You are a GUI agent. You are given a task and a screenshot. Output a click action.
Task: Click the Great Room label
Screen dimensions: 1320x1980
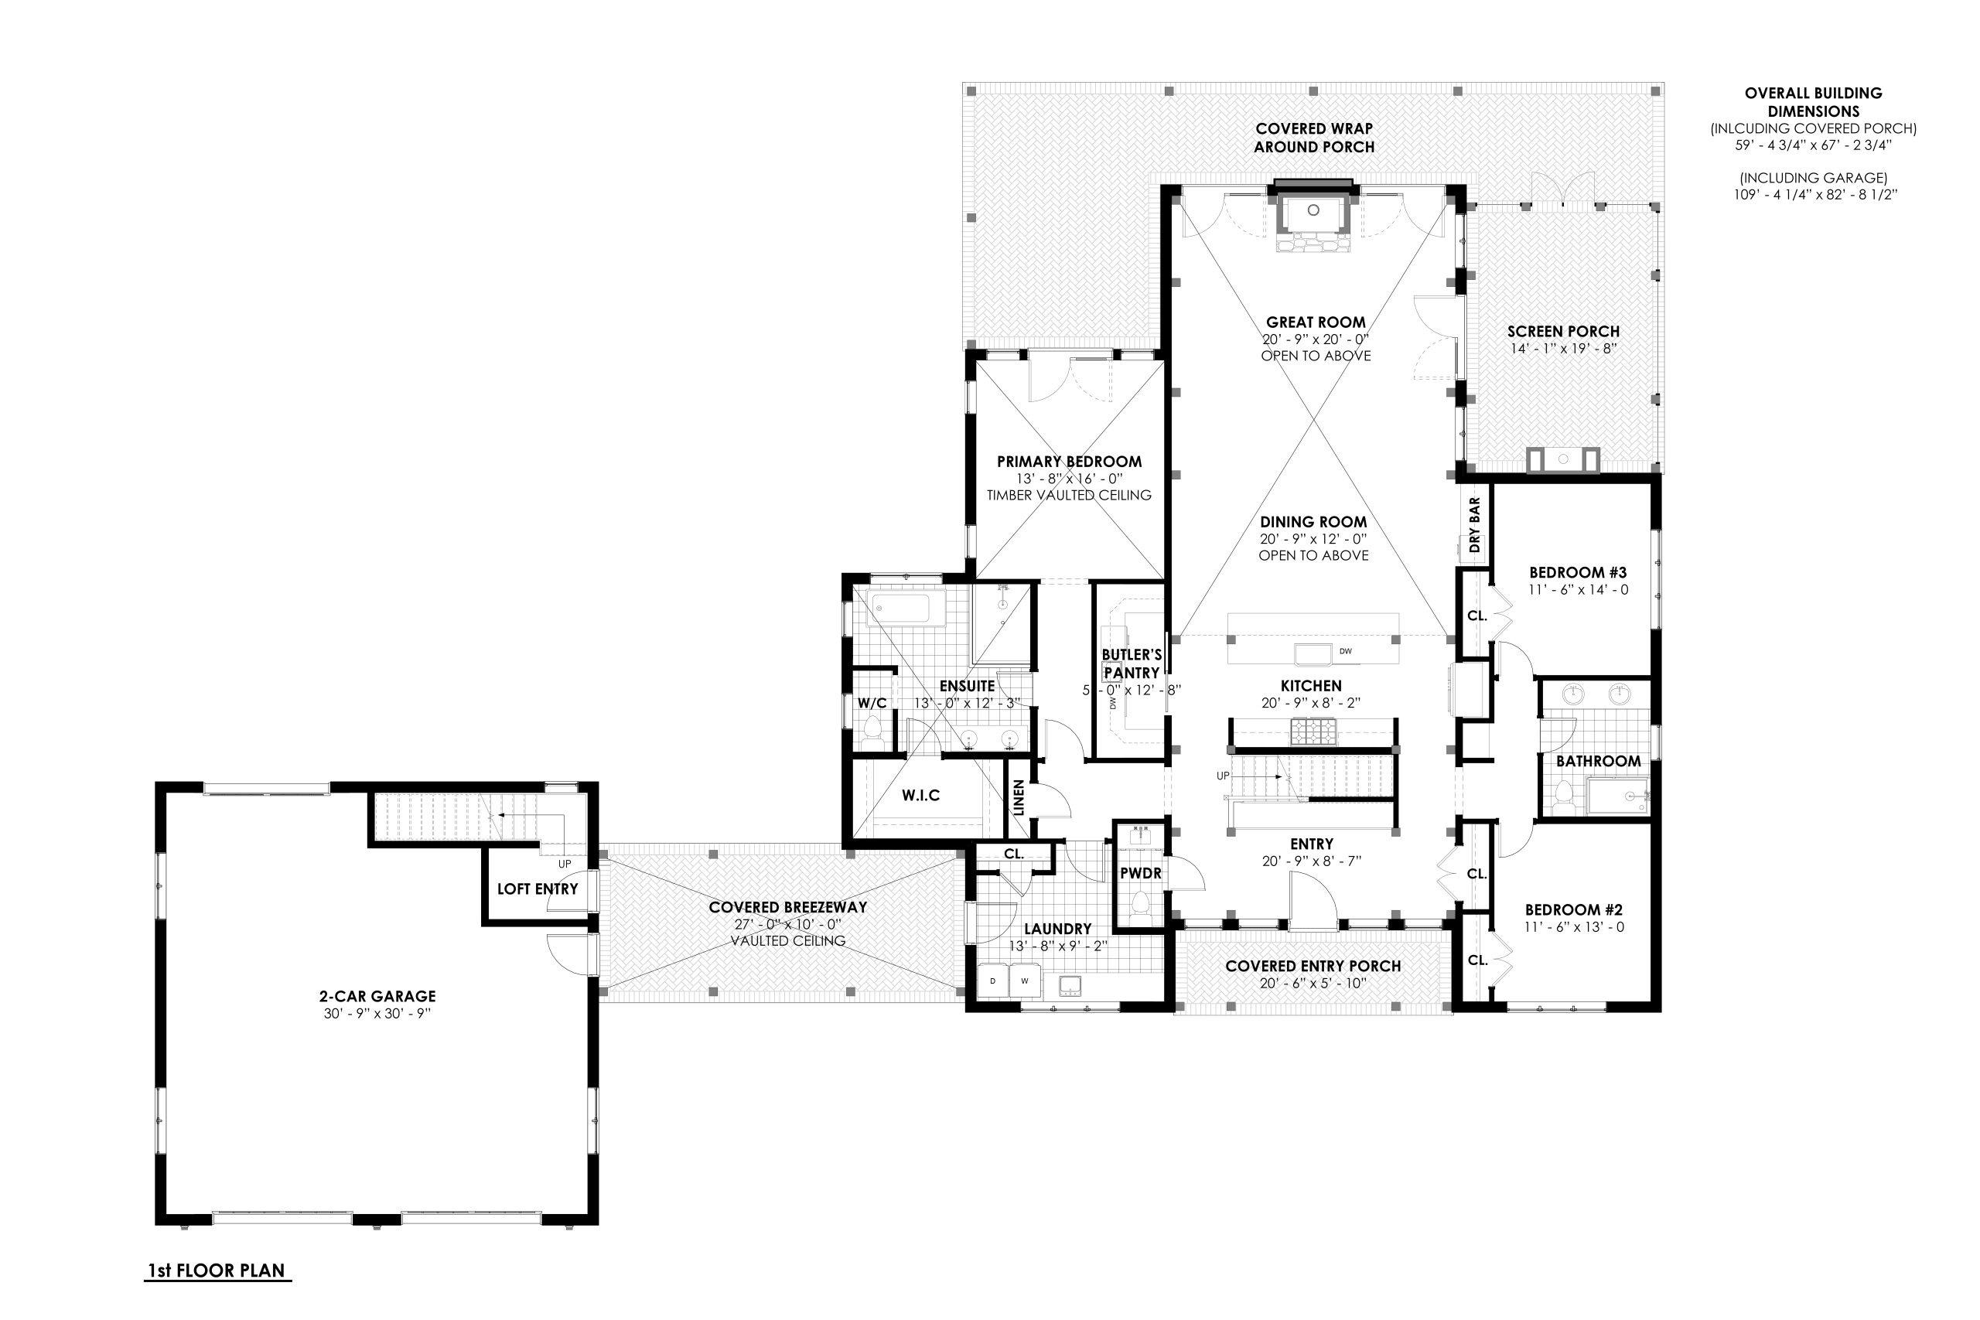pos(1315,322)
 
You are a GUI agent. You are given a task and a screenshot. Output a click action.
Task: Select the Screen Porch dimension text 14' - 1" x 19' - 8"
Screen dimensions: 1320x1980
pos(1562,349)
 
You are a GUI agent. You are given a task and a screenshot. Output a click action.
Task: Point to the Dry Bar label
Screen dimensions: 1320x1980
pos(1474,525)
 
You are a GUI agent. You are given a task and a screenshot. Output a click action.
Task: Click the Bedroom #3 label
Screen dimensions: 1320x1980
pos(1578,572)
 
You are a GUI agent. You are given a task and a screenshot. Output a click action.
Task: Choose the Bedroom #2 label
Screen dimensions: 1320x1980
pos(1573,910)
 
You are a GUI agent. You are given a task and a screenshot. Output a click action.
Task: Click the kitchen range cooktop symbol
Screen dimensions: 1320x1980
pos(1313,731)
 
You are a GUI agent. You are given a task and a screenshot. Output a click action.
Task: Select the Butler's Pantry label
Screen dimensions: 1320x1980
pos(1132,663)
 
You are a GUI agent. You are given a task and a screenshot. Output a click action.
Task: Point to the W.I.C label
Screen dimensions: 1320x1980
pos(920,796)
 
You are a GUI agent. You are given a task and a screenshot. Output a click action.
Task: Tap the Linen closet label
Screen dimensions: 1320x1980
pos(1019,797)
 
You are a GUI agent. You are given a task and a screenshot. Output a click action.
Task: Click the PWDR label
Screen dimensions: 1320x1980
pos(1141,874)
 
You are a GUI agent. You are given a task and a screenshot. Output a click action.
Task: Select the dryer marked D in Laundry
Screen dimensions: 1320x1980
pos(992,981)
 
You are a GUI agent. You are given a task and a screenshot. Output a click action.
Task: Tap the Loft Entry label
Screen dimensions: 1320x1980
pos(537,889)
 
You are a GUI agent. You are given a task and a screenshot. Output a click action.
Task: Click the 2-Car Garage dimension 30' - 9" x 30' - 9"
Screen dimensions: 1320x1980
pos(377,1014)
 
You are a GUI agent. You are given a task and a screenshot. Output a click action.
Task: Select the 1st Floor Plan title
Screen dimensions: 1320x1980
pos(217,1271)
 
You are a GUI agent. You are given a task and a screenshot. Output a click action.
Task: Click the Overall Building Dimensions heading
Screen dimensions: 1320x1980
pos(1812,102)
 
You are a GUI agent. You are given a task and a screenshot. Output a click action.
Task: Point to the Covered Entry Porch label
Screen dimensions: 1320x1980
pos(1313,967)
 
